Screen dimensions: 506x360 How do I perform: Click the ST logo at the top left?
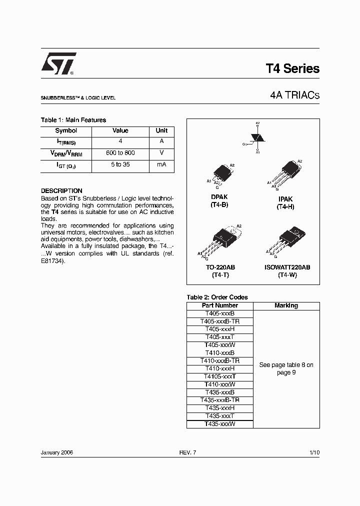(58, 63)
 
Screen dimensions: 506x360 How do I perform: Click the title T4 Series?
(292, 69)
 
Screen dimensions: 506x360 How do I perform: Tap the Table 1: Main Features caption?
(73, 120)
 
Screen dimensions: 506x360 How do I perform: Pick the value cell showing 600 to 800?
(120, 153)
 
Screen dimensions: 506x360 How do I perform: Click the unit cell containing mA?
(161, 164)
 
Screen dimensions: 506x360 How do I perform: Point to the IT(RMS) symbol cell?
(66, 142)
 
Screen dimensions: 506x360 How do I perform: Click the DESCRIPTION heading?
(61, 191)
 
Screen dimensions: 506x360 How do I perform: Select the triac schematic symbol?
(256, 137)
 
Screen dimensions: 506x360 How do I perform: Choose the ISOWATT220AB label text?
(287, 267)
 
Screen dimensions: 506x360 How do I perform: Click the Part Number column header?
(219, 305)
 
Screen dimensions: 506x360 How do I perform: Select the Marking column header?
(286, 305)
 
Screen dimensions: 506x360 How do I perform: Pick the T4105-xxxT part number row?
(219, 376)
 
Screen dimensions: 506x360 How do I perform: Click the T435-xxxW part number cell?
(219, 424)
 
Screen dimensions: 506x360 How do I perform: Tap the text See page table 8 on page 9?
(286, 369)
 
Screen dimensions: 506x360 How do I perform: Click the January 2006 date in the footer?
(57, 452)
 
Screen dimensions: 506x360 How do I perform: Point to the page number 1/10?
(314, 452)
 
